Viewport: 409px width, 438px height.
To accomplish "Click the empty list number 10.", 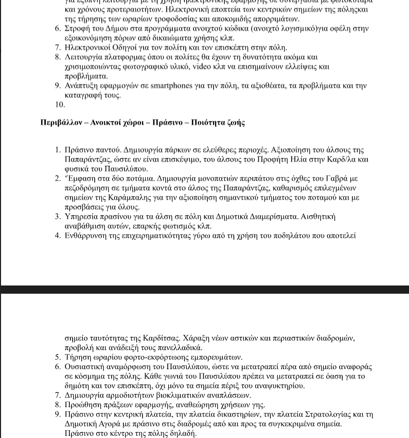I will (60, 105).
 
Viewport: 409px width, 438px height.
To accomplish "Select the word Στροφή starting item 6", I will (76, 29).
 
